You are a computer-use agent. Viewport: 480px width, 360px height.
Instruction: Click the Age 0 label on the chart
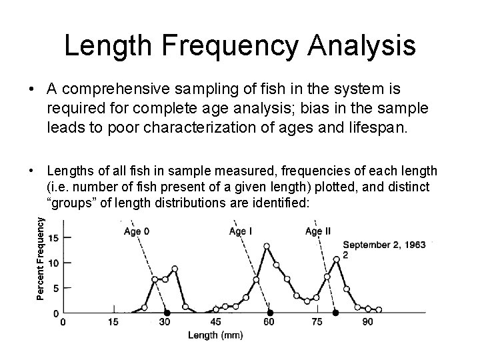[x=137, y=232]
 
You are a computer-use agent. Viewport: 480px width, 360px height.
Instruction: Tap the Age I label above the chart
[x=241, y=231]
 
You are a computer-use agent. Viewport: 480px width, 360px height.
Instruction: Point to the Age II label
[x=318, y=231]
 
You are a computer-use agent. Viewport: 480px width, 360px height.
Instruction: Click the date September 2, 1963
[x=384, y=245]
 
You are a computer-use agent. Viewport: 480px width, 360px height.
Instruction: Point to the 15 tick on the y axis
[x=55, y=238]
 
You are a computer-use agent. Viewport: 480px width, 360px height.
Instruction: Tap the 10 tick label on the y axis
[x=55, y=263]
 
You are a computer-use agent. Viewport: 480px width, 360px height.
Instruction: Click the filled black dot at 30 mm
[x=167, y=313]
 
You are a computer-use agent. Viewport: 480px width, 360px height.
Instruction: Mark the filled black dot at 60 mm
[x=269, y=313]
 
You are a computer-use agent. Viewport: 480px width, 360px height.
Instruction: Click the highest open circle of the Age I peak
[x=267, y=246]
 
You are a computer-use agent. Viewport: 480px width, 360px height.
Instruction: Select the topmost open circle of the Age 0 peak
[x=175, y=269]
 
